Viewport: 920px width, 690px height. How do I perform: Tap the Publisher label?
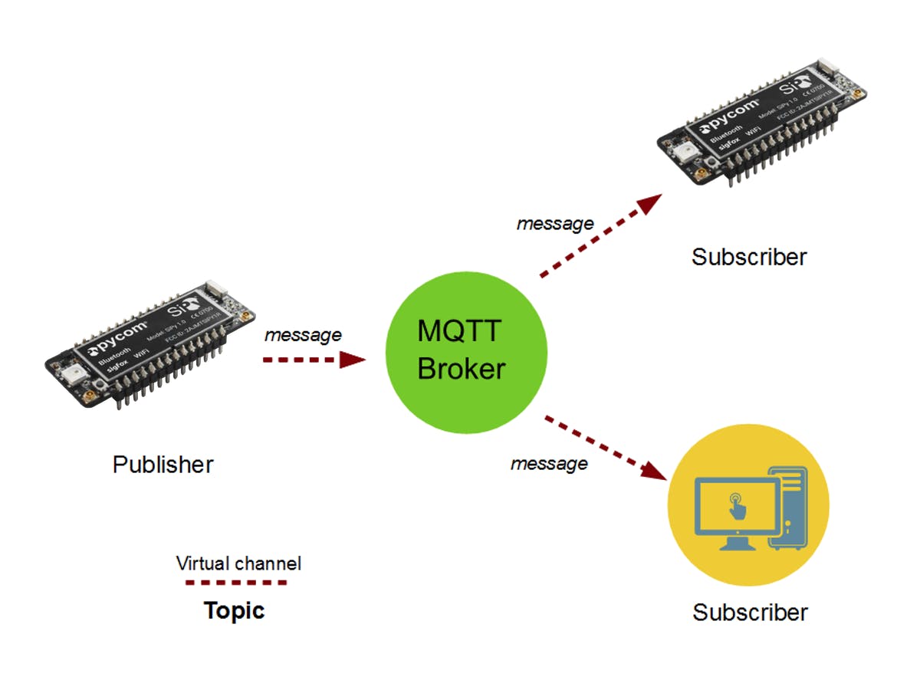tap(163, 465)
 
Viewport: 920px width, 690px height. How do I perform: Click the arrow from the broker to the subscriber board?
tap(601, 236)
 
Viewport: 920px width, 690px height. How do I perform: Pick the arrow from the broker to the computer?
tap(606, 448)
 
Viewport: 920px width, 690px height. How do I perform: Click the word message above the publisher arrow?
tap(303, 335)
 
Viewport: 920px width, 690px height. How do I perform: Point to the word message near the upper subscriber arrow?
tap(555, 224)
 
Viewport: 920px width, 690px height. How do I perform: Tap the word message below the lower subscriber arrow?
tap(549, 464)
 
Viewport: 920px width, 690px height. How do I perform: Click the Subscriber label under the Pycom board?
tap(749, 257)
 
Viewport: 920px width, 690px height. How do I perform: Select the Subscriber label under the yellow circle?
tap(750, 613)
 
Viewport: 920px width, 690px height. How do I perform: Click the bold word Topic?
tap(234, 610)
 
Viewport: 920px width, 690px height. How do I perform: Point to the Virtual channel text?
tap(238, 564)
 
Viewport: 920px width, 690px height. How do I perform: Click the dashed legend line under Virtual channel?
tap(236, 583)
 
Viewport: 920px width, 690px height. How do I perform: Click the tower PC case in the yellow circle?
tap(787, 508)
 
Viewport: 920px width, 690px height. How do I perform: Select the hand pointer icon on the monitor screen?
tap(736, 507)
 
